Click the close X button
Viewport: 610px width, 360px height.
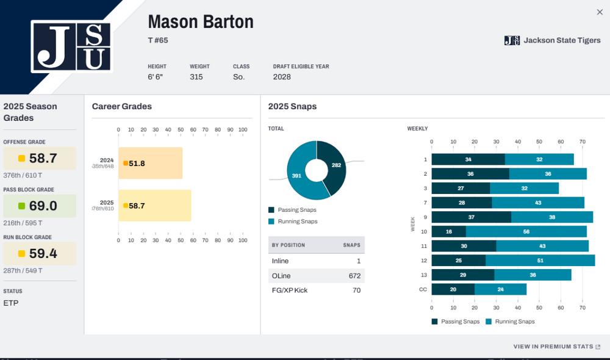pyautogui.click(x=600, y=12)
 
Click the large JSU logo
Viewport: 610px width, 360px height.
pyautogui.click(x=71, y=46)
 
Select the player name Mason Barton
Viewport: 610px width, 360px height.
pyautogui.click(x=200, y=22)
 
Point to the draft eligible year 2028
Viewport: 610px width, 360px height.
pyautogui.click(x=282, y=77)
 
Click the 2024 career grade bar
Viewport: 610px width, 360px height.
pyautogui.click(x=150, y=163)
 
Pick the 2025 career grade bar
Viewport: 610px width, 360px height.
pyautogui.click(x=154, y=206)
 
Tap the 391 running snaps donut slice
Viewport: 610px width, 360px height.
pyautogui.click(x=297, y=176)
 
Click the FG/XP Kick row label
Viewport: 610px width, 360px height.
pyautogui.click(x=290, y=290)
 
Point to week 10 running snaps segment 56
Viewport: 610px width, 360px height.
pyautogui.click(x=526, y=232)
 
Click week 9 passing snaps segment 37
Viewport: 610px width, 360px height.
pyautogui.click(x=471, y=217)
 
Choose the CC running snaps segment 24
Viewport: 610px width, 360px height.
pyautogui.click(x=500, y=289)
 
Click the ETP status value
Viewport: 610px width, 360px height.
pyautogui.click(x=11, y=303)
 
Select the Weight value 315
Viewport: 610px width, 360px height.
pyautogui.click(x=196, y=77)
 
